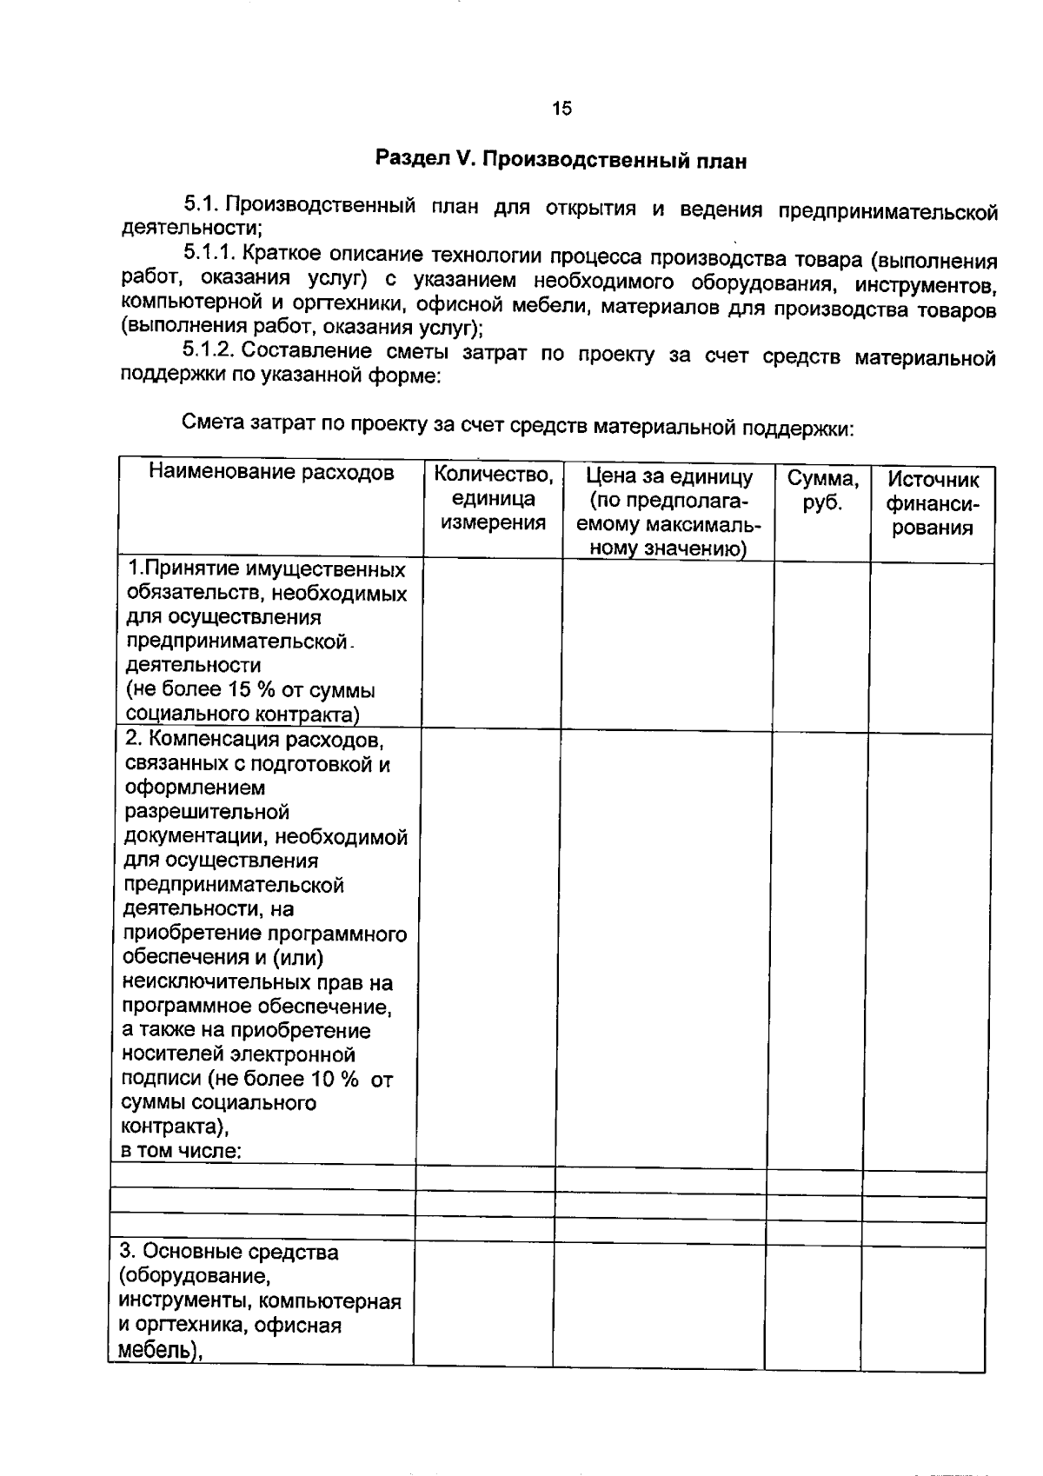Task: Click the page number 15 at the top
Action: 561,108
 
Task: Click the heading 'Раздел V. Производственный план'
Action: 561,160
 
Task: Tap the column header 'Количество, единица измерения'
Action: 493,498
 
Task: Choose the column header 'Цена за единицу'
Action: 668,476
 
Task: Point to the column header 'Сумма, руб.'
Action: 822,490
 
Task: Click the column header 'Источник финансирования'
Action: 932,503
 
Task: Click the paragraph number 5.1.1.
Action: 209,254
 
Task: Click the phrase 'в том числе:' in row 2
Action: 181,1151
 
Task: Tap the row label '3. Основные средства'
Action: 229,1252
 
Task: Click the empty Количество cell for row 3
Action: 483,1304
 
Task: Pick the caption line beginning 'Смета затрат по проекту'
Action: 518,426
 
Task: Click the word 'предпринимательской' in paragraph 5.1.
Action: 887,211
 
